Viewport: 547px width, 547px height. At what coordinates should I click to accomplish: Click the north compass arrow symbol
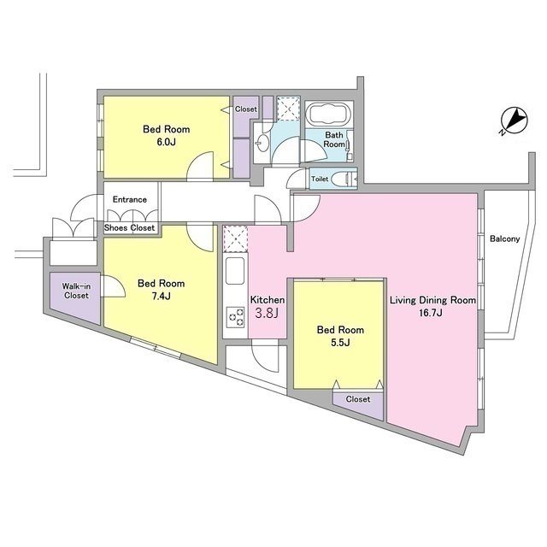click(x=515, y=121)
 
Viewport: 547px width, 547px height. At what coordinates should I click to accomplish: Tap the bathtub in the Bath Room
click(x=327, y=114)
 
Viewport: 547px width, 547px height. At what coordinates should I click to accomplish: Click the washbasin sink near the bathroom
click(x=262, y=143)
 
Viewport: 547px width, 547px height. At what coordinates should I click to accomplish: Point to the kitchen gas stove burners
click(x=236, y=317)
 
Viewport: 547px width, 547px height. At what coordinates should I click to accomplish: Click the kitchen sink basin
click(x=235, y=271)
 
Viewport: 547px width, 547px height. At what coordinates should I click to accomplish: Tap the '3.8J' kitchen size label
click(x=267, y=313)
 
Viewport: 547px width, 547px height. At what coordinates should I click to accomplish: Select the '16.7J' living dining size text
click(x=431, y=313)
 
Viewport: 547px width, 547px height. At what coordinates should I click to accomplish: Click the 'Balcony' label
click(x=504, y=238)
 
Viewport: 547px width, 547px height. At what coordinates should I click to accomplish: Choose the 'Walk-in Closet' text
click(x=76, y=291)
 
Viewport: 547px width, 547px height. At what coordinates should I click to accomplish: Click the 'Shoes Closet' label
click(x=129, y=228)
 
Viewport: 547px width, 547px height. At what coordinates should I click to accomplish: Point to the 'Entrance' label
click(x=129, y=199)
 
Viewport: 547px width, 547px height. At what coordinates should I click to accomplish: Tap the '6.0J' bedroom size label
click(x=166, y=142)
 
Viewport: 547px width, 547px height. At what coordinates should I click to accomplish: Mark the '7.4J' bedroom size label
click(x=161, y=296)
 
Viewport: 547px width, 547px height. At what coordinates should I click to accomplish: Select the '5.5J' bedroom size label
click(x=340, y=342)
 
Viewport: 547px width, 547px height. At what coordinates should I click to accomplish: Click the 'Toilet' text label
click(x=320, y=179)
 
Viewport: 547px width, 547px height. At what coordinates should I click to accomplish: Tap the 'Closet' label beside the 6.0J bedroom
click(x=245, y=109)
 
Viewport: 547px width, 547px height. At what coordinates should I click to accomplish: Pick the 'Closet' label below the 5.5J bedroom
click(x=358, y=399)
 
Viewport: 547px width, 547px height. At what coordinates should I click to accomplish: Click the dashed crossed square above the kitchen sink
click(x=235, y=239)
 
